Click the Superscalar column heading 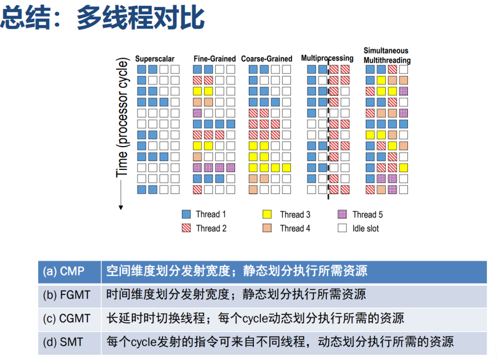155,59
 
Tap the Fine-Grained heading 215,59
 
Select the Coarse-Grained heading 266,59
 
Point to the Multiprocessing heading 327,58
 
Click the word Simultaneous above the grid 386,51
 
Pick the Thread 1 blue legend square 187,214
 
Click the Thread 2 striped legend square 187,228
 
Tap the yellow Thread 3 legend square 267,214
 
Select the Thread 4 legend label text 295,228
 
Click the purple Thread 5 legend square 342,214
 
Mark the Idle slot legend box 342,228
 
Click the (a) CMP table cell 70,272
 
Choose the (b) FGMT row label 67,295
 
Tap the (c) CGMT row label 67,318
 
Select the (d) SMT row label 63,342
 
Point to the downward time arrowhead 121,208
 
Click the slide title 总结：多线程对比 102,18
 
